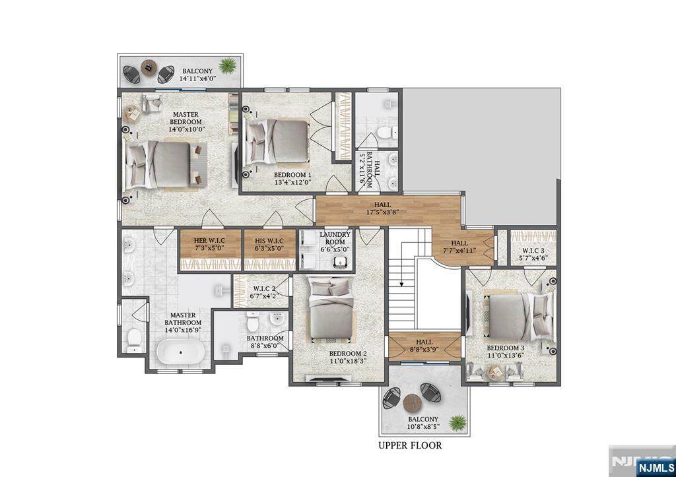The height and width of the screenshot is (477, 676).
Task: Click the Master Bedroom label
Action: (186, 118)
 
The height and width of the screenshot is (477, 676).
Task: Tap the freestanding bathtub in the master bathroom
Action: (180, 352)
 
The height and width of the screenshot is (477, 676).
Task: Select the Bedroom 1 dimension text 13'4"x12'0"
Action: (292, 182)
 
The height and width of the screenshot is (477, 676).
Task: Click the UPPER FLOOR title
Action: (410, 445)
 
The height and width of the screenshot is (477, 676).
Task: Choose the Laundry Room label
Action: (335, 238)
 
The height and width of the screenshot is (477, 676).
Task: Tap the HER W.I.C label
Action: (209, 240)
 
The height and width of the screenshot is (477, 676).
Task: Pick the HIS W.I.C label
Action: (269, 240)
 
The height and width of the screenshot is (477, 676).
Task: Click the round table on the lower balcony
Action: (412, 403)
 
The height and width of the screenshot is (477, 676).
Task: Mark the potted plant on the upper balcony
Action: (227, 66)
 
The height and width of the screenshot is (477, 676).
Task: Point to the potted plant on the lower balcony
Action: (457, 422)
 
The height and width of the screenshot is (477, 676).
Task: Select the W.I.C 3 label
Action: (533, 251)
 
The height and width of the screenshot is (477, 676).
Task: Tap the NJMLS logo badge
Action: (656, 467)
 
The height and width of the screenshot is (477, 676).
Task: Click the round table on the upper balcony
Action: (149, 68)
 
